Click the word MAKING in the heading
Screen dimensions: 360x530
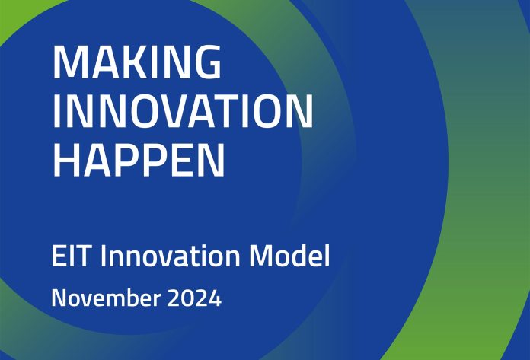pyautogui.click(x=137, y=63)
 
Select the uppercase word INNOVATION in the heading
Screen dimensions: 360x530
pyautogui.click(x=183, y=112)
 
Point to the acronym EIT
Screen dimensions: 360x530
pyautogui.click(x=72, y=256)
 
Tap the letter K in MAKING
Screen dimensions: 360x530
pyautogui.click(x=136, y=63)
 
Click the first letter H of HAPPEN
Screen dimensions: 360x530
pyautogui.click(x=68, y=161)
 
